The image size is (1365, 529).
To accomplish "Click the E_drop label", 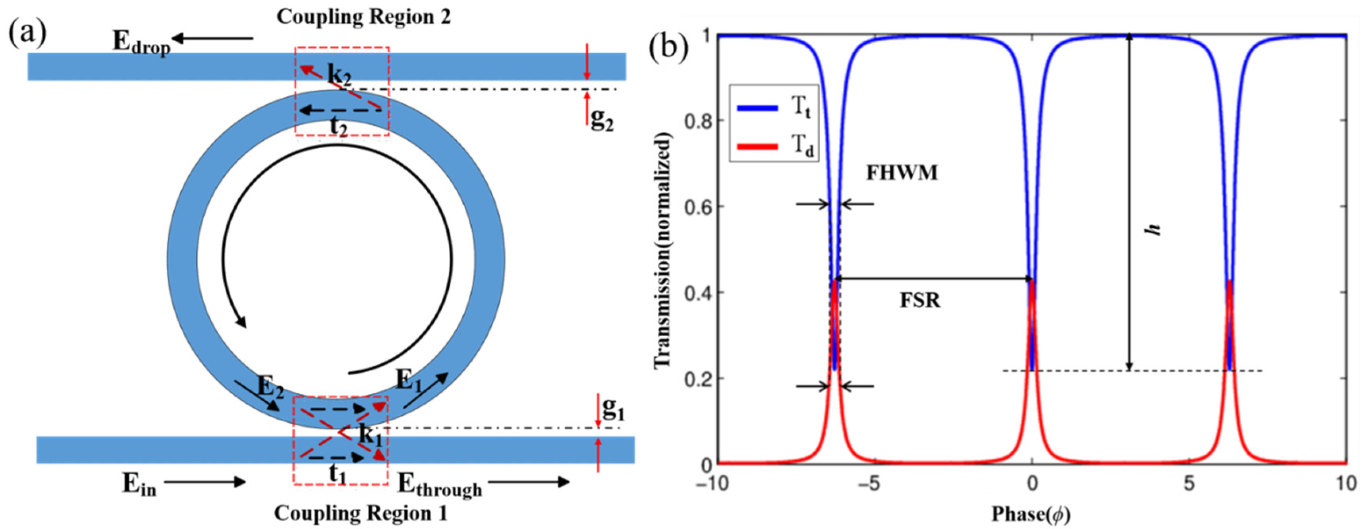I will click(141, 43).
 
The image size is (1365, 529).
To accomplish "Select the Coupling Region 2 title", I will click(363, 17).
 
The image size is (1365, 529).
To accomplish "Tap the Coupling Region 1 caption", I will click(360, 513).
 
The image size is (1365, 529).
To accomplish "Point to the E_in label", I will click(139, 484).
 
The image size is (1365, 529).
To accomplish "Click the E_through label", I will click(439, 484).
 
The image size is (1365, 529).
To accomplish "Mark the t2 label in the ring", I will click(339, 127).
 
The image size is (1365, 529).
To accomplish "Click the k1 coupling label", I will click(370, 435).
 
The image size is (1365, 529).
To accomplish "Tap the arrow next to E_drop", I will click(212, 38).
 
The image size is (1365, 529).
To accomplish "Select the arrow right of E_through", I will click(528, 482).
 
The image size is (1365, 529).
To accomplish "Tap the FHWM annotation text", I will click(902, 173).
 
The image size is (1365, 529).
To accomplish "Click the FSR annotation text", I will click(919, 300).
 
